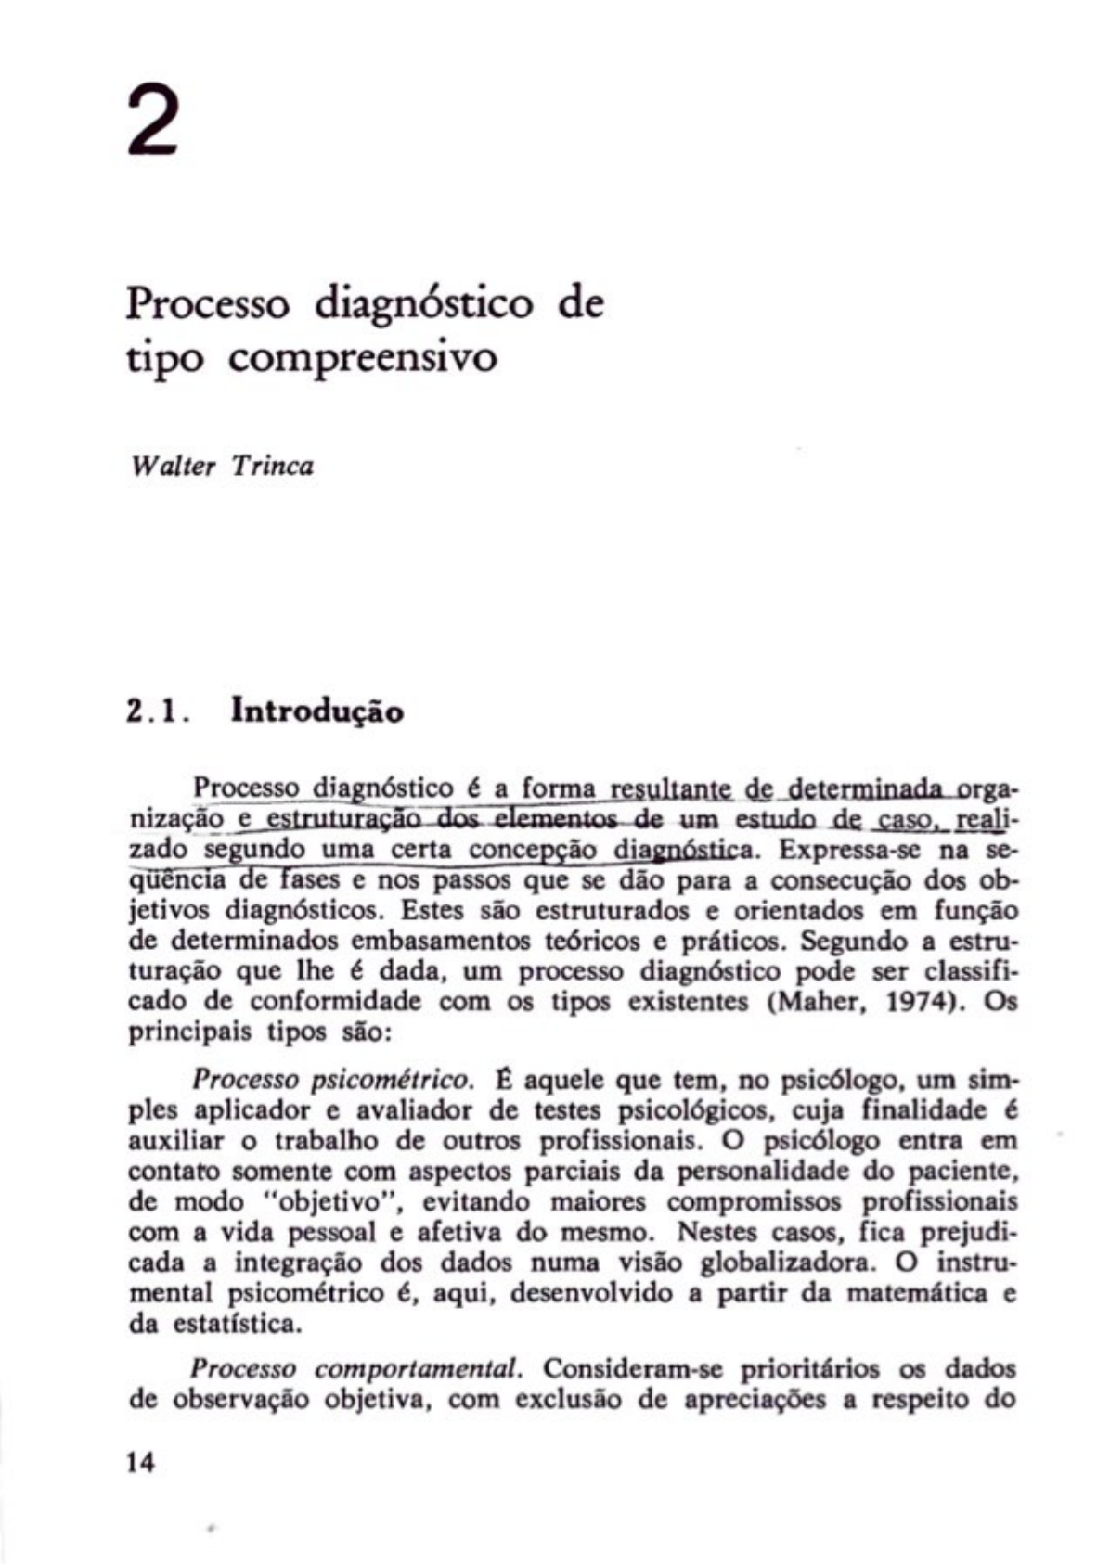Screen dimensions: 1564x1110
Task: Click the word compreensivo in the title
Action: [x=362, y=358]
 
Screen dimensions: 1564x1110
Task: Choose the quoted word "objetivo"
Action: [x=339, y=1202]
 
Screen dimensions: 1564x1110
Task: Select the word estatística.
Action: [x=237, y=1324]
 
